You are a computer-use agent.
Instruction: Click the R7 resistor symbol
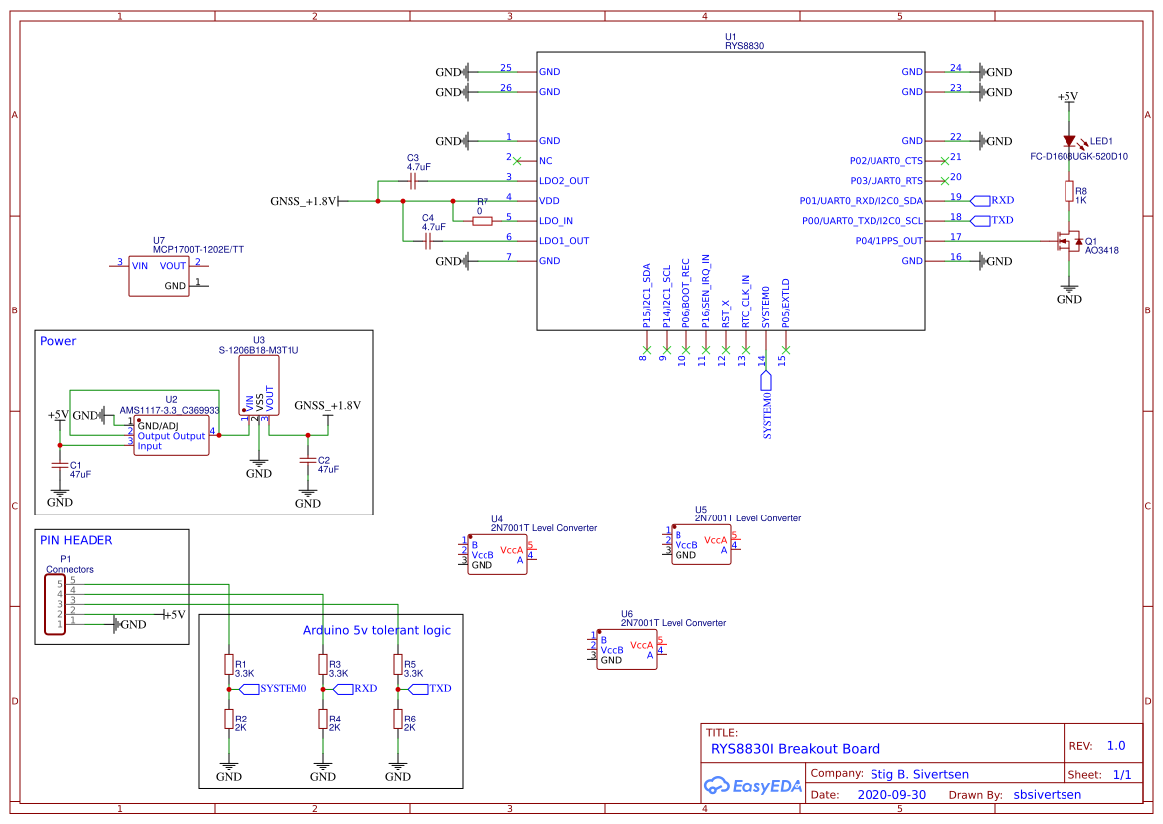point(483,221)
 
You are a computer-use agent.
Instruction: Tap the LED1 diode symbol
point(1069,142)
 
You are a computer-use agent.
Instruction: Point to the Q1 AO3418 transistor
point(1070,241)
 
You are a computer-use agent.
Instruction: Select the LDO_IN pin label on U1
point(556,221)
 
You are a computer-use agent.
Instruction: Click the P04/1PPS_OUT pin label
point(888,241)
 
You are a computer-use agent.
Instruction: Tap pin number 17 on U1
point(955,237)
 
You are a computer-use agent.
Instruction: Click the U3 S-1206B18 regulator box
point(259,386)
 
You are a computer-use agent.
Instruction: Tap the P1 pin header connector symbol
point(55,604)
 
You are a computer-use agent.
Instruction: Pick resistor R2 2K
point(229,719)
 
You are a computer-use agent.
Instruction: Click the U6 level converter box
point(627,649)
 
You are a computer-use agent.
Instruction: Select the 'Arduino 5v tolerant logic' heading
point(376,630)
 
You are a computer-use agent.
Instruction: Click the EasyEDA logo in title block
point(752,786)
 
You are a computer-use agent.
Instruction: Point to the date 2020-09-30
point(891,795)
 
